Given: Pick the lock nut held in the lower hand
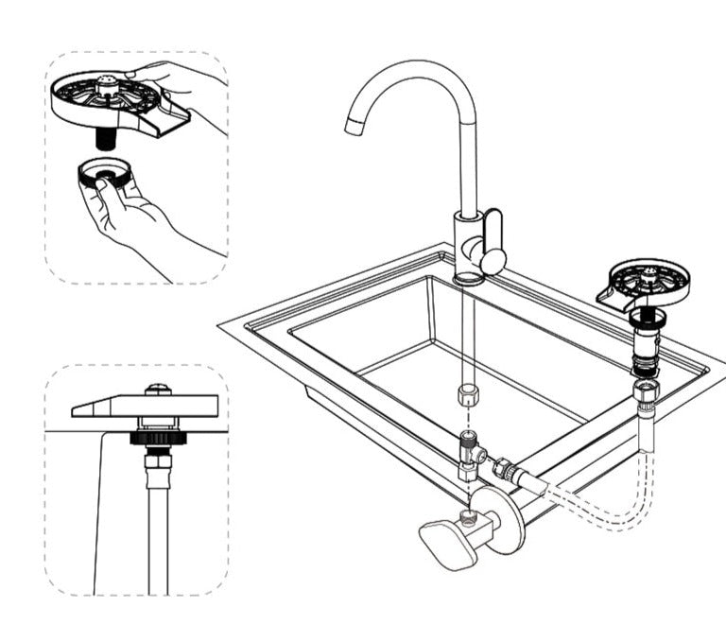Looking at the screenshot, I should point(103,174).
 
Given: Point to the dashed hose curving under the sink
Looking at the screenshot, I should point(605,515).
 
